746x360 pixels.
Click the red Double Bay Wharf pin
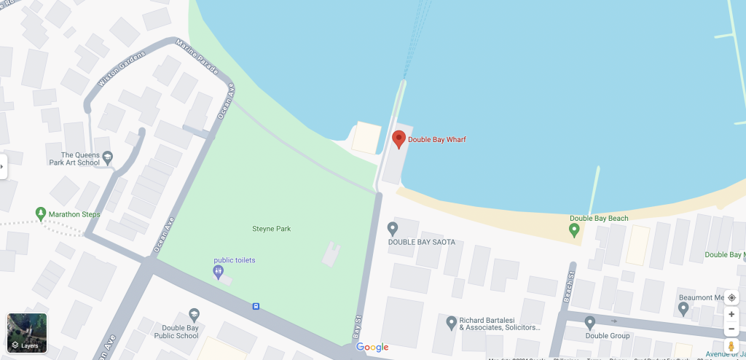click(398, 138)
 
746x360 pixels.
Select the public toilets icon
click(219, 272)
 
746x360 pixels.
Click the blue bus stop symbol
click(256, 306)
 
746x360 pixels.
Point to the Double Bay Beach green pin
click(574, 230)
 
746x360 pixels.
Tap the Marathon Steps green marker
click(41, 214)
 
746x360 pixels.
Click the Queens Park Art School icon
click(108, 156)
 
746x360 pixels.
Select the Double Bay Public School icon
click(194, 315)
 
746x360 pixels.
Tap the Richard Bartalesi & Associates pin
click(452, 321)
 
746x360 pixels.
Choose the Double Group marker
click(589, 323)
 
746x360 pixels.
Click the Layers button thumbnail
click(27, 333)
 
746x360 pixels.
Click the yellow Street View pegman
click(731, 347)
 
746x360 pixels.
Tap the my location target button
click(731, 297)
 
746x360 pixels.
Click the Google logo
click(372, 348)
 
